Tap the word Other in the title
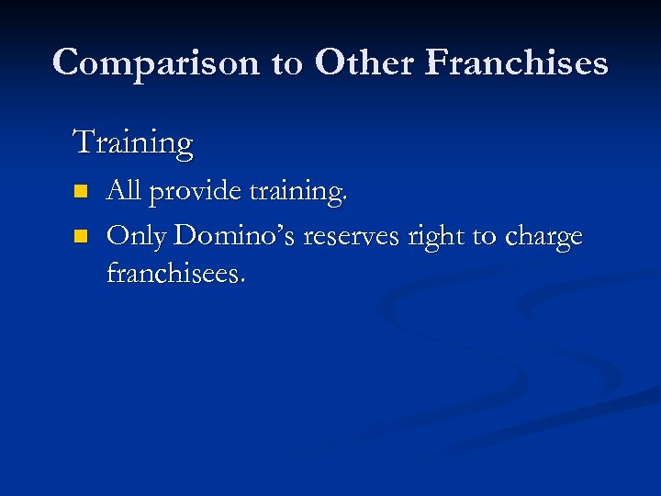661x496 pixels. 368,62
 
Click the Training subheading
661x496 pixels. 132,144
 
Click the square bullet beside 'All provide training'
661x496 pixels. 80,192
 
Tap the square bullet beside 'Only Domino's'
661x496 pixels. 80,237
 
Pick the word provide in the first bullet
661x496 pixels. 194,192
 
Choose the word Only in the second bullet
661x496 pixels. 137,237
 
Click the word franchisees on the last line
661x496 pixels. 174,273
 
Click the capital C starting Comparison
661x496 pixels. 66,62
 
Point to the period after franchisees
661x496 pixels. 242,280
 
